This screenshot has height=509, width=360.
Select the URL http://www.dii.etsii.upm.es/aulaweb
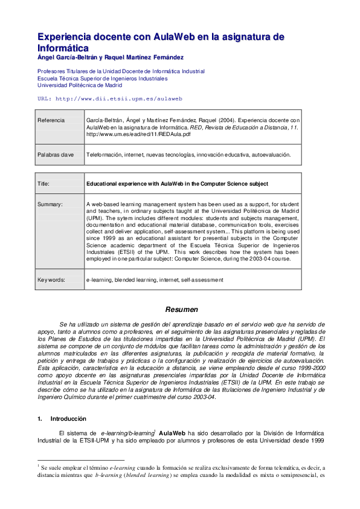click(x=109, y=98)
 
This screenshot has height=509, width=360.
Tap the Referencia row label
click(x=51, y=120)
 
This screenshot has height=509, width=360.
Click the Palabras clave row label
click(x=56, y=155)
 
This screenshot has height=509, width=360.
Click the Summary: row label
click(x=50, y=204)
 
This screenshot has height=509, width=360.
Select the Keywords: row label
click(x=53, y=280)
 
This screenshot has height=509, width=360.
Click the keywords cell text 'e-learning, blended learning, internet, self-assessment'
click(x=155, y=280)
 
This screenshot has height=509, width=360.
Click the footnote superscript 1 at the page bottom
click(x=37, y=466)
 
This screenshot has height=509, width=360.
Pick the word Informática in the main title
click(x=63, y=48)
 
